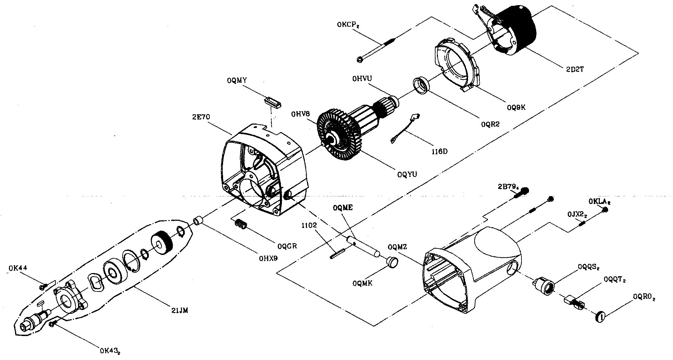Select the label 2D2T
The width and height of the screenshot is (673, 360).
pos(575,69)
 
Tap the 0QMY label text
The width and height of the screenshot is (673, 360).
pos(236,80)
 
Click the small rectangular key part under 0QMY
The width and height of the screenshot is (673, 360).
pos(273,102)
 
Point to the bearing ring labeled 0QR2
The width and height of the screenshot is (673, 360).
pos(421,85)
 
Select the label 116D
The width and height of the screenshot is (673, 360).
pos(440,151)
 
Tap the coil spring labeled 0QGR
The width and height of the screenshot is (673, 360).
pos(242,225)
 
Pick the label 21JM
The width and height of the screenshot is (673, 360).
pos(179,311)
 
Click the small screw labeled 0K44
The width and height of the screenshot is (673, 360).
pos(43,286)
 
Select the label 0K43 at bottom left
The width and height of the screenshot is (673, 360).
pos(109,351)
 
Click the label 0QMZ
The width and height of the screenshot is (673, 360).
pos(398,247)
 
